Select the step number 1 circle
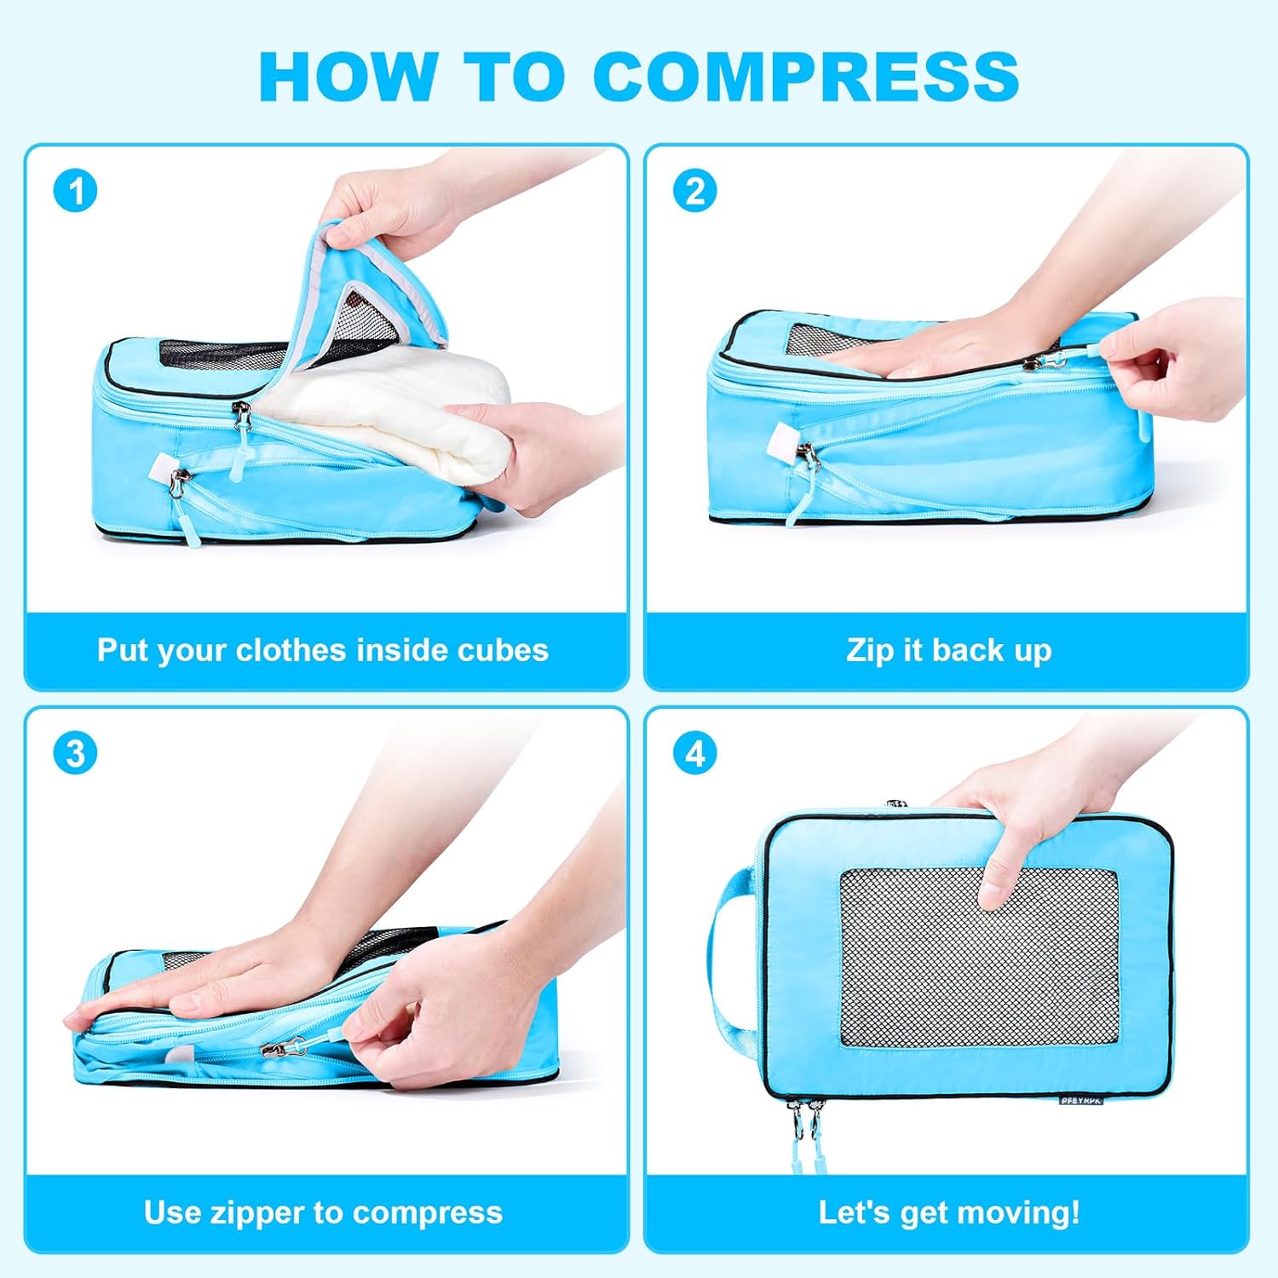tap(75, 191)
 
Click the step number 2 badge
tap(695, 191)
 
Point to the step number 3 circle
tap(75, 753)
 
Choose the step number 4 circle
tap(695, 753)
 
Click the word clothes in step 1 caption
tap(291, 650)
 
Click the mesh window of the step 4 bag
tap(979, 958)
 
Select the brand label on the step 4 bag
tap(1081, 1100)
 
